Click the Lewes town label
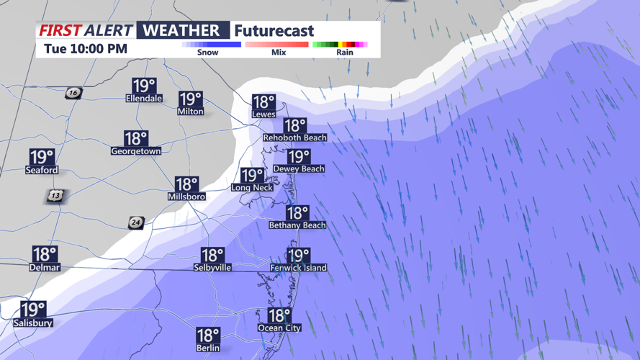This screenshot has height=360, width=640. click(263, 114)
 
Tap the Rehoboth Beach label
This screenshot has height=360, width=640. click(294, 138)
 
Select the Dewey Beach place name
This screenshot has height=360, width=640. click(298, 168)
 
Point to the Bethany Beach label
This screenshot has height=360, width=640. click(297, 225)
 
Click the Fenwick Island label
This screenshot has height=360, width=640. click(298, 268)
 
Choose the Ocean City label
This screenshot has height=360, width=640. click(279, 328)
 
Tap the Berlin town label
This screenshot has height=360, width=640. click(207, 348)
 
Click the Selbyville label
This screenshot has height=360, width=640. click(212, 268)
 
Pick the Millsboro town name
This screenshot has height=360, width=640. click(186, 197)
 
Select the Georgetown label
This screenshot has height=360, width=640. click(135, 151)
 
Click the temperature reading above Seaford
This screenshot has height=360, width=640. click(42, 157)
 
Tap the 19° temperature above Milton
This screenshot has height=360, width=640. click(191, 99)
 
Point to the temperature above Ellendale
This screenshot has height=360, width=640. click(144, 86)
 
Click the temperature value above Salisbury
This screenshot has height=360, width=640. click(32, 310)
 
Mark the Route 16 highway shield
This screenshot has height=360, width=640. click(73, 93)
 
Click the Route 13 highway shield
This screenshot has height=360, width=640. click(56, 195)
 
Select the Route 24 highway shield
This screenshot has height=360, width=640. click(135, 222)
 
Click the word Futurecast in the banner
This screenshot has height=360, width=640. click(274, 31)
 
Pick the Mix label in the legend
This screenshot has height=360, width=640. click(279, 53)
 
